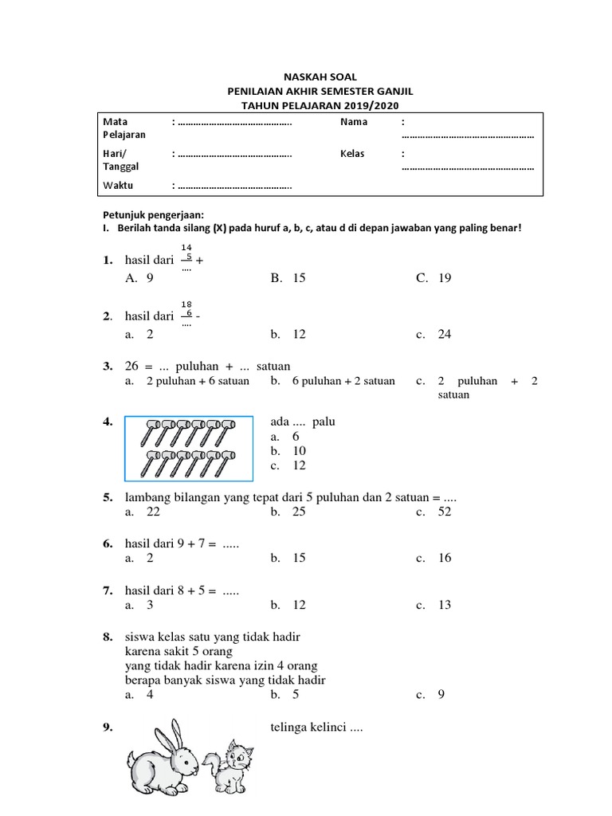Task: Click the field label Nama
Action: point(354,122)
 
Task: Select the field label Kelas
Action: point(352,153)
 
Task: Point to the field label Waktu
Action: point(118,185)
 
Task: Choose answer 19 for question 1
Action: point(445,278)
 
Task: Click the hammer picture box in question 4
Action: point(188,449)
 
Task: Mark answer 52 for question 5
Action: point(445,512)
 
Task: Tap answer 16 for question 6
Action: point(445,558)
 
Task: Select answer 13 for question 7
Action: point(445,605)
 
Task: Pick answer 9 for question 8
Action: point(441,694)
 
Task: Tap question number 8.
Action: point(108,637)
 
